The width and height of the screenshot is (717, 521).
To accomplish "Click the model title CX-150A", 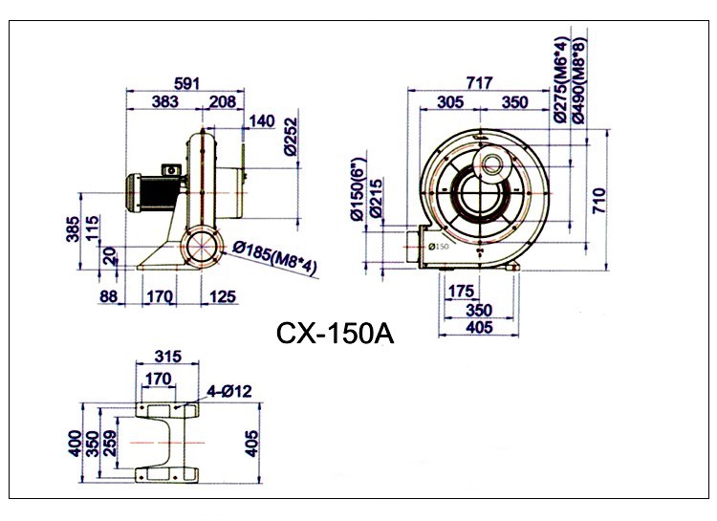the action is point(335,334).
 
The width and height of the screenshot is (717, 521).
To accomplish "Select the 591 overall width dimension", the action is point(187,84).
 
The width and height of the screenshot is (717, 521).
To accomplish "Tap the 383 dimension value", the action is point(165,101).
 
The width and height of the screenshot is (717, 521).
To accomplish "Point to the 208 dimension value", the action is point(222,101).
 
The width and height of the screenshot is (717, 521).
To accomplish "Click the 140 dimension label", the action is point(262,121).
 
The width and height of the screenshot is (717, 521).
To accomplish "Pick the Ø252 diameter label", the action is point(291,137).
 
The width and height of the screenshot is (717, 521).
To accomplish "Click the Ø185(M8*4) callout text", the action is point(274,258).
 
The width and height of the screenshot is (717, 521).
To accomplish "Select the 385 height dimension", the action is point(73,228).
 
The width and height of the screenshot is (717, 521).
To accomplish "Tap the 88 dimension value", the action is point(108,297).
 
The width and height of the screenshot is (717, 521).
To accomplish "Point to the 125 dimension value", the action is point(223,297).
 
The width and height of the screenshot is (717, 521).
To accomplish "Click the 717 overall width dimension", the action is point(480,83).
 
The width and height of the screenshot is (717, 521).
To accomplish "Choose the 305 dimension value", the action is point(450,102).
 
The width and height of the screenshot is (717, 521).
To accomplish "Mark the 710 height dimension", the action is point(598,200).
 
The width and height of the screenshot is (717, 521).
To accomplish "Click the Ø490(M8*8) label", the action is point(578,80).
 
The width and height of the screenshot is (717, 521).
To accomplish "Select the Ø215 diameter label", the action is point(375,198).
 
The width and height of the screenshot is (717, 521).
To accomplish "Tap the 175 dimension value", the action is point(462,292).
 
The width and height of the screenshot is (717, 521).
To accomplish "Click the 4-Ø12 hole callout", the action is point(229,391).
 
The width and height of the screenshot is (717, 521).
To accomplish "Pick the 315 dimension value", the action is point(168,356).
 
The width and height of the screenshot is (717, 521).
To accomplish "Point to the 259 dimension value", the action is point(110,444).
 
